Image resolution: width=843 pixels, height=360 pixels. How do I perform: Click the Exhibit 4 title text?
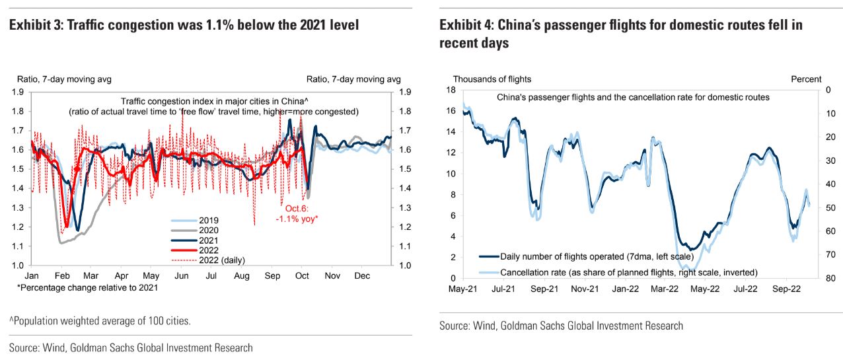[621, 34]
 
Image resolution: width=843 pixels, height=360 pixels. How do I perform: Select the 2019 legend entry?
[208, 220]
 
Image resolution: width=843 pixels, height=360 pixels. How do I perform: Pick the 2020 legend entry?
[208, 230]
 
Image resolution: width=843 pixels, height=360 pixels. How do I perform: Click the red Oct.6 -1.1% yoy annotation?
[297, 214]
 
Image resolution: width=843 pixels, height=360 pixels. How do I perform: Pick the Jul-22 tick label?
[747, 288]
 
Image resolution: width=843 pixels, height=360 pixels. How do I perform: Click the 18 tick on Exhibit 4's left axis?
[451, 90]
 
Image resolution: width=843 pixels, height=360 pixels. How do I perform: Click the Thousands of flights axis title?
[492, 79]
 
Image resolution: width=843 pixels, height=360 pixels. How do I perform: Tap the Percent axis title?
[806, 79]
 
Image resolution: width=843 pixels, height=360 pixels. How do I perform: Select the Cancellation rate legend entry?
[628, 272]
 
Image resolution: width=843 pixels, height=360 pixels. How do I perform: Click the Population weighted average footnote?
[100, 321]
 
